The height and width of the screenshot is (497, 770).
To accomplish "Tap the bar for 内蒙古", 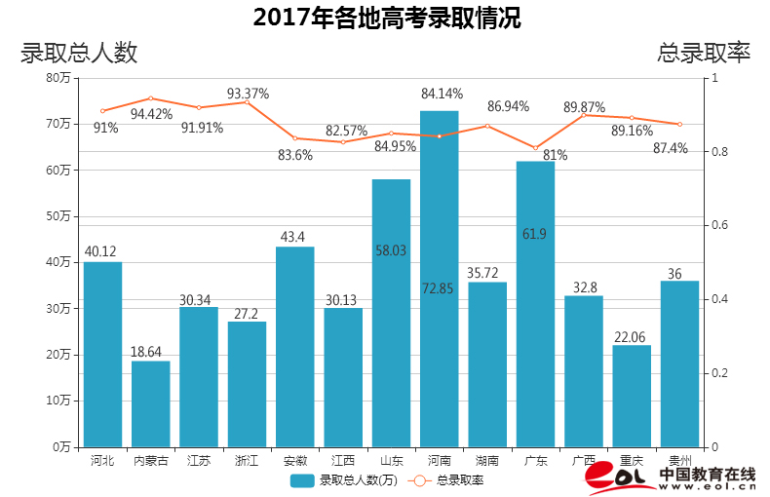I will pos(151,403).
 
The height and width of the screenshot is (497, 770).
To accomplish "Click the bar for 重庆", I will pos(632,396).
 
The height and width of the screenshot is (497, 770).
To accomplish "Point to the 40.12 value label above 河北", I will pos(102,251).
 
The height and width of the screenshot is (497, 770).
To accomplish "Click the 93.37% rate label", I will pos(248,94).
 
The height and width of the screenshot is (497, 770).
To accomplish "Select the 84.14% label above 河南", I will pos(442,94).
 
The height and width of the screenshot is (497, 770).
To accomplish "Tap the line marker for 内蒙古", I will pos(150,98).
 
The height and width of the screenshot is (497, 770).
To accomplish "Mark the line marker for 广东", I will pos(535,148).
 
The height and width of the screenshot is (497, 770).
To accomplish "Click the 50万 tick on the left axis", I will pos(58,215).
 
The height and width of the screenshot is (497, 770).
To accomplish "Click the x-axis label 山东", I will pos(391,460).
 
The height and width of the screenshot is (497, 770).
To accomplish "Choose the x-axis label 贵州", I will pos(679,460).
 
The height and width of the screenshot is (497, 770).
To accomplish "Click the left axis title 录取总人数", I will pos(79,53).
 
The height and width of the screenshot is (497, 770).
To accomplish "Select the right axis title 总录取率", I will pos(704,53).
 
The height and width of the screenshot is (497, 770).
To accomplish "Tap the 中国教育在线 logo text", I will pos(707,474).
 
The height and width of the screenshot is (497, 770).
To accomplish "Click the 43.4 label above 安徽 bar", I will pos(294,237).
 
